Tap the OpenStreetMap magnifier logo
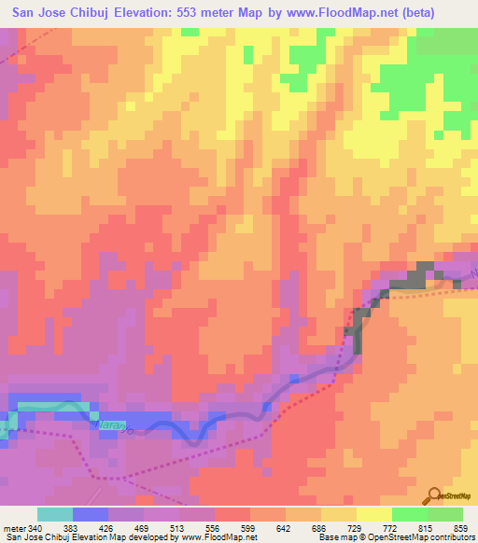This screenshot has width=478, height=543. point(435,495)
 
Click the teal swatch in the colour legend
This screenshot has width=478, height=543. point(54,514)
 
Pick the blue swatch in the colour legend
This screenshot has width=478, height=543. point(90,514)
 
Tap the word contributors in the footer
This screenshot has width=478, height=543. point(454,536)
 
